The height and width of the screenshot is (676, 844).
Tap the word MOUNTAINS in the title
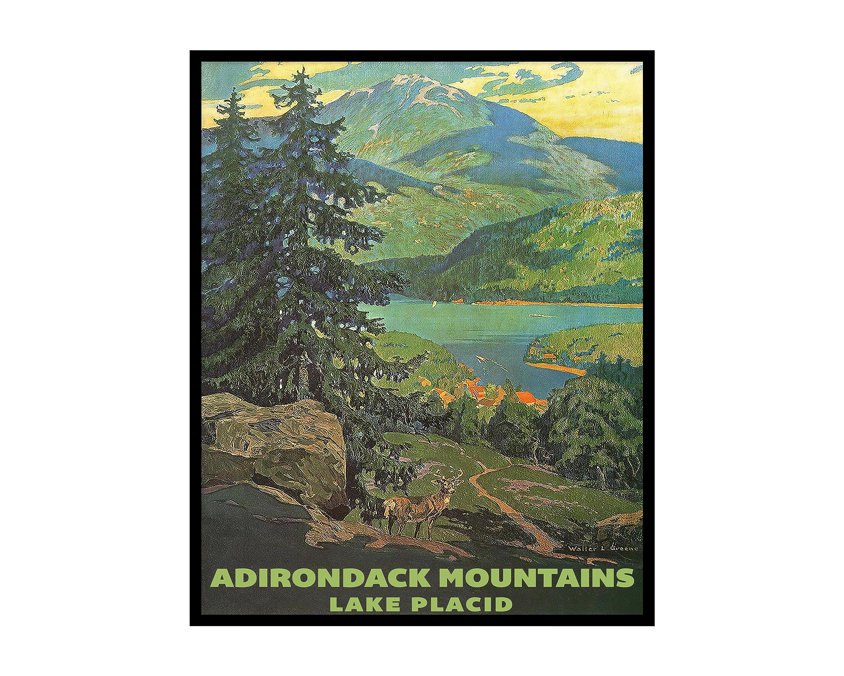pyautogui.click(x=537, y=578)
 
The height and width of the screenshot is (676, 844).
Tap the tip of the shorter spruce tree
pyautogui.click(x=235, y=89)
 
